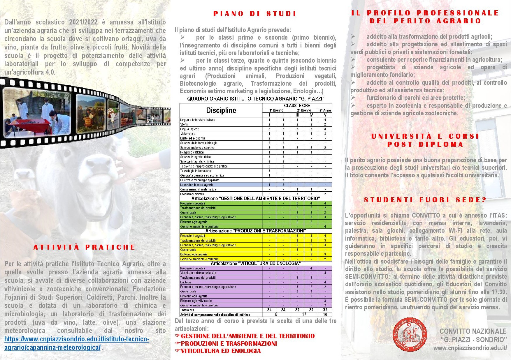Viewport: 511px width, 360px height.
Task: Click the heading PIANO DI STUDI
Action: point(254,14)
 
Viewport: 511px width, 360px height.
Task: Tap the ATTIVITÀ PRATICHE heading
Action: point(84,247)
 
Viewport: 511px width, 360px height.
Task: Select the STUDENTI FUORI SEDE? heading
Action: point(425,200)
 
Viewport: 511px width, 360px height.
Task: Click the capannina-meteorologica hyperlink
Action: point(77,343)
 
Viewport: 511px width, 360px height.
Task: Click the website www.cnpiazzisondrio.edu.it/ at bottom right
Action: point(470,348)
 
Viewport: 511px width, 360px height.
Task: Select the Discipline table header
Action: point(221,110)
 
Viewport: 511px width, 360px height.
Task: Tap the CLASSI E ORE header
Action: point(297,105)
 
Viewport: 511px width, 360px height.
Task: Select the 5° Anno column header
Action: point(325,110)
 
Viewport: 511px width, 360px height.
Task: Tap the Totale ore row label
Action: point(187,310)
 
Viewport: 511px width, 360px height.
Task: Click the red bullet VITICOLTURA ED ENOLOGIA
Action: point(221,351)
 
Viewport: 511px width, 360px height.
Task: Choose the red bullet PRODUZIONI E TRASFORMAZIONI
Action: point(229,343)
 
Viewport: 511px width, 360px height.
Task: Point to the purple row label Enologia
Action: point(186,282)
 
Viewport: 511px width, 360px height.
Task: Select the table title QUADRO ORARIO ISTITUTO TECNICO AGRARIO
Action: point(256,99)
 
